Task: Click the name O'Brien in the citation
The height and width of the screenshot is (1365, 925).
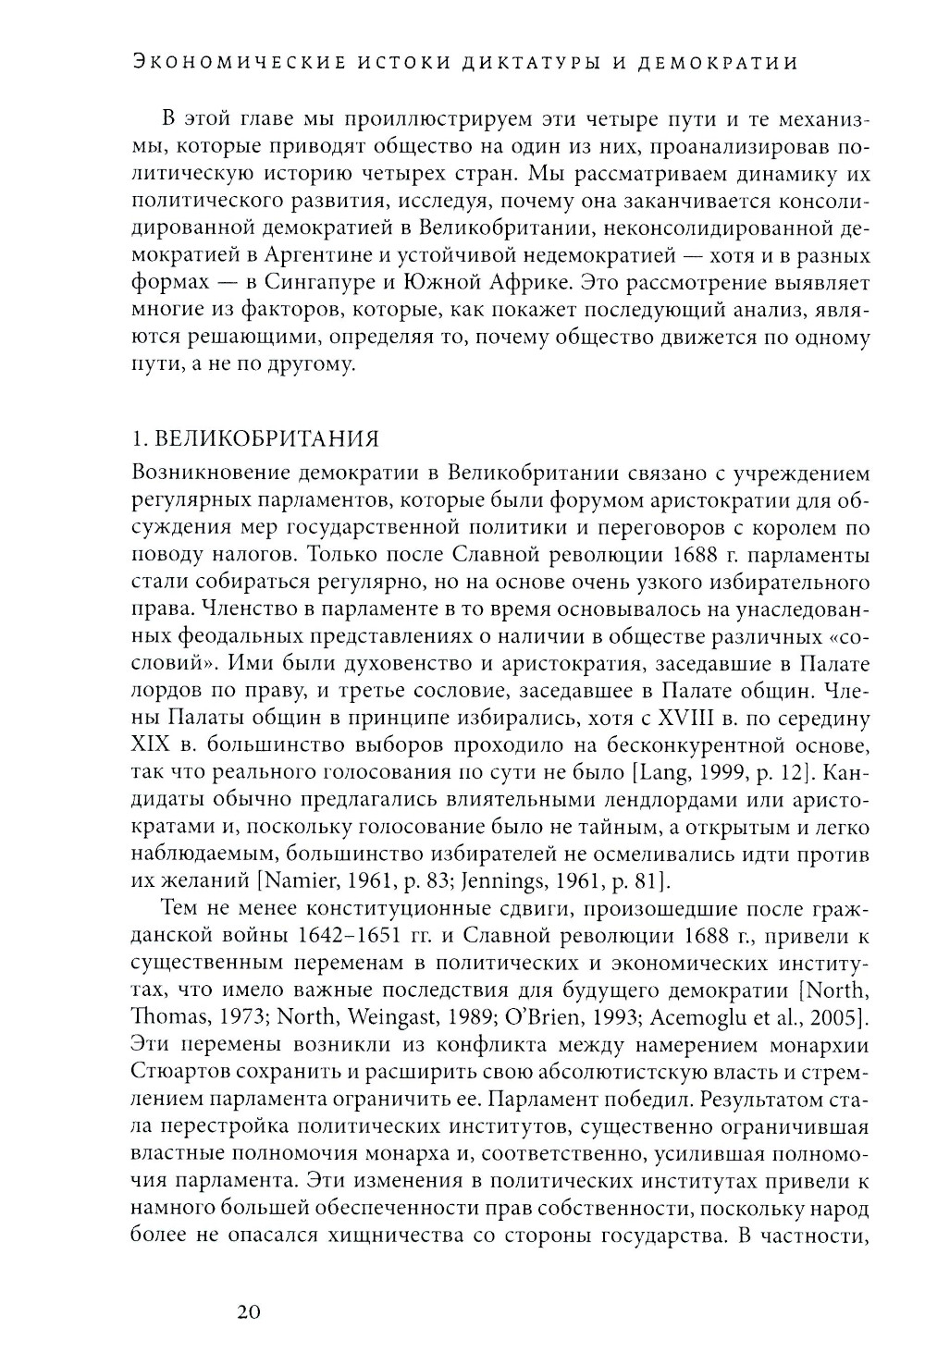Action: [x=485, y=1017]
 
